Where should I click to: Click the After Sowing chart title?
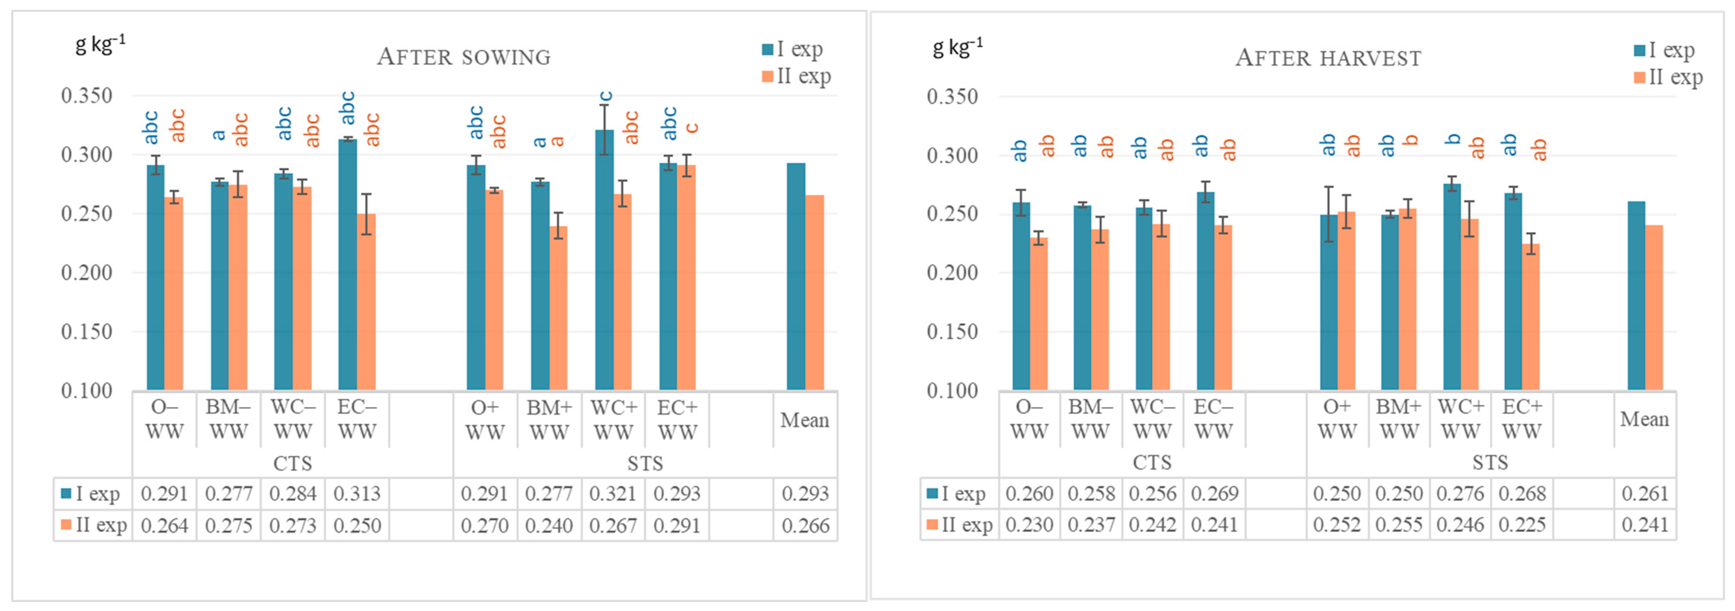463,57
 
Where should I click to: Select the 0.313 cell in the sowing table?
357,494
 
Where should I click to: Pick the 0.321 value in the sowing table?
613,494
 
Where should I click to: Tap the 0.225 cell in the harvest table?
1522,525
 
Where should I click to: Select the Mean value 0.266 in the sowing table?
805,525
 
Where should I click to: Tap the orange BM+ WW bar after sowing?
558,310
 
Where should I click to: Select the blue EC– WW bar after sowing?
347,269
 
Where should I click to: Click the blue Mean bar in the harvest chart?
1636,296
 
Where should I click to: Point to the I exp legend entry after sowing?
793,49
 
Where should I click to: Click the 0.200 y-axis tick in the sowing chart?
87,273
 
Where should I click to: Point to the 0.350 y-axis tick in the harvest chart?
952,96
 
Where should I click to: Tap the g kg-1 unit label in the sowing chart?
100,45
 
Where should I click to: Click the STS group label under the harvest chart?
1490,463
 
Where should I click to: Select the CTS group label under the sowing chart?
292,463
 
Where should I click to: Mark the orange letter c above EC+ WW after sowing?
692,128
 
